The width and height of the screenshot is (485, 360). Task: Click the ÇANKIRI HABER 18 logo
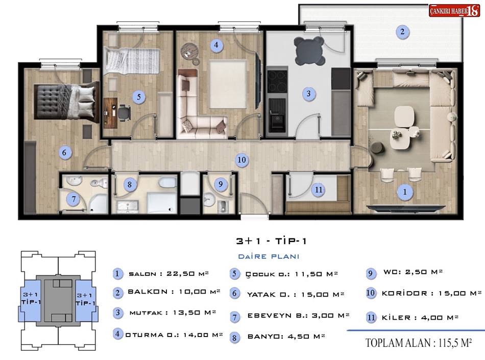click(x=454, y=11)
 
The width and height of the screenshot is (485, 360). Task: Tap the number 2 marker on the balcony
click(x=402, y=32)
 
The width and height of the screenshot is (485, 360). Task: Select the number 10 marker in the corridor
click(x=241, y=160)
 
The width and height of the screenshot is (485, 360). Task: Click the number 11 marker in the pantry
click(x=319, y=189)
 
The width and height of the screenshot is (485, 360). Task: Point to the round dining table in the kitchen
click(x=309, y=51)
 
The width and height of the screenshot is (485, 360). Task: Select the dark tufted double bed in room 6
click(x=67, y=102)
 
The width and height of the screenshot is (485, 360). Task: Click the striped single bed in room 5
click(x=132, y=61)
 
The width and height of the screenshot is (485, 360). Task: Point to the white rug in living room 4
click(x=228, y=84)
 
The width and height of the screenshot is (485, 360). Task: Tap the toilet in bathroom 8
click(x=167, y=182)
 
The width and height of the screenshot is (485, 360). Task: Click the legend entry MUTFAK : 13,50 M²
click(x=173, y=313)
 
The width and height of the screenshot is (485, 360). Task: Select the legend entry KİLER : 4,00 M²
click(x=420, y=318)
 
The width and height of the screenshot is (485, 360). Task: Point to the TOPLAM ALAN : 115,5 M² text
click(x=419, y=343)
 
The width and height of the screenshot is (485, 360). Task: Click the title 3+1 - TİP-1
click(x=271, y=241)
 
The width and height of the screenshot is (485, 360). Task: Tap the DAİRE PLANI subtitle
click(x=269, y=256)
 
